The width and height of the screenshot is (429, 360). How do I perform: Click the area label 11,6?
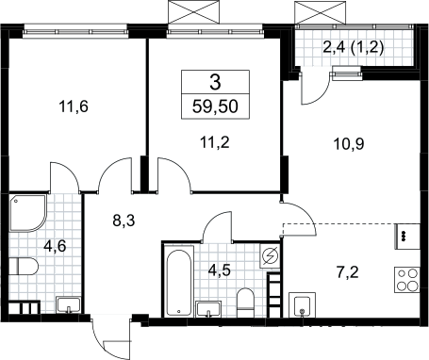[x=74, y=106]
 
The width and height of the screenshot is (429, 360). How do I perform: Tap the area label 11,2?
[x=215, y=142]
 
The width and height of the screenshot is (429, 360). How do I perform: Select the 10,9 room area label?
[x=349, y=144]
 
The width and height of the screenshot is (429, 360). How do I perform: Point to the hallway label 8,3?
[x=124, y=221]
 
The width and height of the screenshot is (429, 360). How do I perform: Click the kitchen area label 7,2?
[x=348, y=272]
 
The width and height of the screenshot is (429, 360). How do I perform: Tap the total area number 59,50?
[x=215, y=106]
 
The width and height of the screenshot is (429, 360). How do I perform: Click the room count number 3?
[x=215, y=82]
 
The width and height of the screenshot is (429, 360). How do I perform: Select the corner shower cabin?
[x=27, y=213]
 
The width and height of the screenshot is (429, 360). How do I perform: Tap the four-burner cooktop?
[x=407, y=280]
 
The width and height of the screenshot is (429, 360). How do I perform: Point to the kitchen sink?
[x=302, y=304]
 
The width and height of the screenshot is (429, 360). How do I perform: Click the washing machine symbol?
[x=270, y=257]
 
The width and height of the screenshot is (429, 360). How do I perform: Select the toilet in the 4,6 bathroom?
[x=24, y=267]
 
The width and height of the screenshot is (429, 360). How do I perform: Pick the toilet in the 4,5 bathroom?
[x=245, y=303]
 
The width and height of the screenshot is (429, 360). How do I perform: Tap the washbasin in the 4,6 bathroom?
[x=68, y=305]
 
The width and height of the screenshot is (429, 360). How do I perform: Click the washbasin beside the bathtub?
[x=208, y=309]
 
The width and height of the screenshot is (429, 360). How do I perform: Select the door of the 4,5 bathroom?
[x=217, y=226]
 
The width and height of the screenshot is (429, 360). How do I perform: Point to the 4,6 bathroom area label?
[x=55, y=246]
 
